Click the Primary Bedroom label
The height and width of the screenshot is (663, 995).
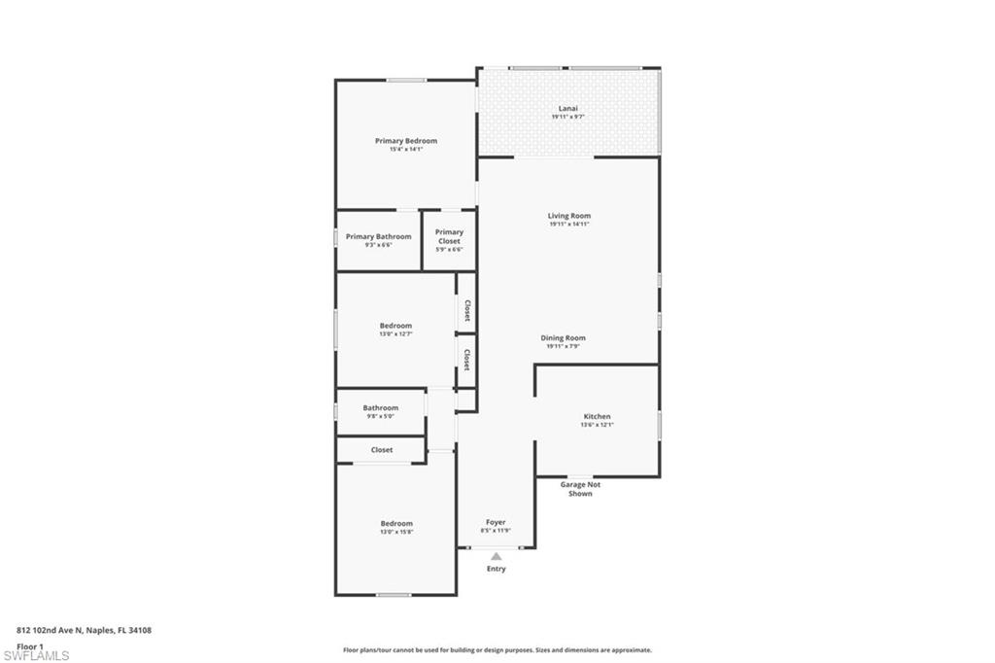point(406,141)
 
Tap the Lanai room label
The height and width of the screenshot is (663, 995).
point(567,108)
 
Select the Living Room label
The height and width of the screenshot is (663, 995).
point(568,216)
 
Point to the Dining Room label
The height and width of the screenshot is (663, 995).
point(564,338)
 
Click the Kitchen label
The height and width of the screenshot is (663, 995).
point(597,416)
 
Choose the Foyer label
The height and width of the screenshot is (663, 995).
point(496,522)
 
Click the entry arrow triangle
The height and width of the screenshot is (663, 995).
point(497,557)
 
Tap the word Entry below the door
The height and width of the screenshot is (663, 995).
point(497,569)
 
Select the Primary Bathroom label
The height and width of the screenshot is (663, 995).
point(379,236)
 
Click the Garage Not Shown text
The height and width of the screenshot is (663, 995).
point(580,489)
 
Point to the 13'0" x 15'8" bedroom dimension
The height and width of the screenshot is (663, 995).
point(396,532)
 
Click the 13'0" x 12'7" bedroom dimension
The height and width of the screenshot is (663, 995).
point(395,333)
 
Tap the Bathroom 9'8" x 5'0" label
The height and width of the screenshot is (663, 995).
point(381,412)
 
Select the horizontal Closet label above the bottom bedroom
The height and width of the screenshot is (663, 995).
point(382,450)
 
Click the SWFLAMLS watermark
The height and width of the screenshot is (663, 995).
point(36,655)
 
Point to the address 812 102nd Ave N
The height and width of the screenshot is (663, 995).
point(84,630)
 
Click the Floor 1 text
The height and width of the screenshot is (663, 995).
point(30,646)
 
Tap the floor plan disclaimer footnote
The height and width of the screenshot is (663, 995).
point(497,650)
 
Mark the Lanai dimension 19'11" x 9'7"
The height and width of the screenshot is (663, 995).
point(567,117)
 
